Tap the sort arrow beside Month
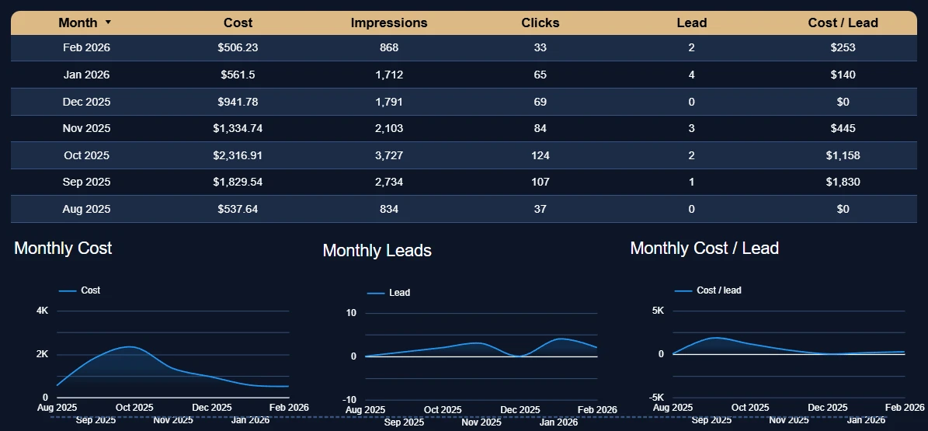click(x=108, y=23)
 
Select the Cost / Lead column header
click(x=843, y=23)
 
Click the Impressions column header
click(x=389, y=23)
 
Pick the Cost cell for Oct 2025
click(x=238, y=155)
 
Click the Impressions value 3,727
click(x=389, y=155)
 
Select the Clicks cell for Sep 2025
click(x=540, y=182)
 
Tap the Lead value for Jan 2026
click(x=691, y=75)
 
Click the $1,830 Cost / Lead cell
click(x=843, y=182)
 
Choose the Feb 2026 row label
click(x=86, y=48)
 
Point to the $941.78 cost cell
click(x=238, y=102)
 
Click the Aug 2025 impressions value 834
click(x=389, y=209)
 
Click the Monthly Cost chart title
click(x=63, y=249)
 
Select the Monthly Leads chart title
click(x=377, y=251)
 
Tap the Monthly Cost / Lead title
click(x=704, y=249)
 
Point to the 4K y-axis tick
click(x=43, y=311)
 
